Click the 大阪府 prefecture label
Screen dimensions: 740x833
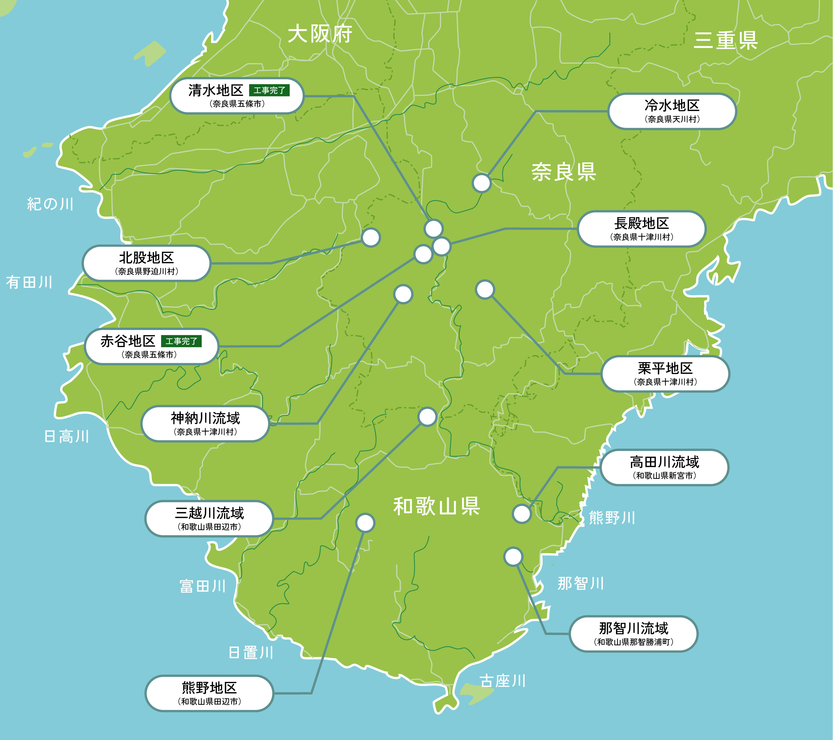coord(320,34)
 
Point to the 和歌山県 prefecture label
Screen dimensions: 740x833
coord(437,507)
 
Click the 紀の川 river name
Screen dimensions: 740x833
coord(50,204)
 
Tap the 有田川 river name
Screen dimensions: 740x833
coord(29,282)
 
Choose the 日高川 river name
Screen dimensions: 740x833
coord(66,437)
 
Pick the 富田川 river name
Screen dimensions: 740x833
coord(203,586)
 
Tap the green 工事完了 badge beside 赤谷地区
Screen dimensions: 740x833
coord(181,341)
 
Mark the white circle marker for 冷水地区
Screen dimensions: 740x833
coord(481,183)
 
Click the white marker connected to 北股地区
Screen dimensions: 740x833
coord(371,237)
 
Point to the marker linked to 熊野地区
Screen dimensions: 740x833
coord(365,523)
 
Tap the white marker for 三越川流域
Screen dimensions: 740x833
coord(427,416)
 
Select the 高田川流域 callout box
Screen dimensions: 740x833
coord(664,467)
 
